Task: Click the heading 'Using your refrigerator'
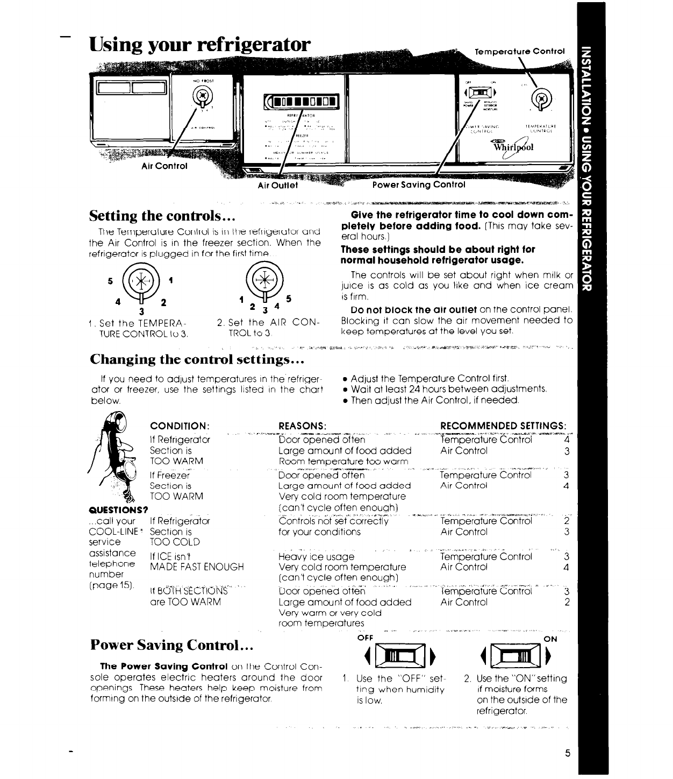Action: coord(200,44)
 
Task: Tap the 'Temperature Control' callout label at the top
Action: coord(520,52)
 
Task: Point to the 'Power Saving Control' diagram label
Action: coord(418,185)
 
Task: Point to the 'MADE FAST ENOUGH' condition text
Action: coord(197,567)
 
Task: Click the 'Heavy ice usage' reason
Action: coord(317,557)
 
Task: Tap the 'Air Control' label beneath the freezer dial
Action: coord(164,166)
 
